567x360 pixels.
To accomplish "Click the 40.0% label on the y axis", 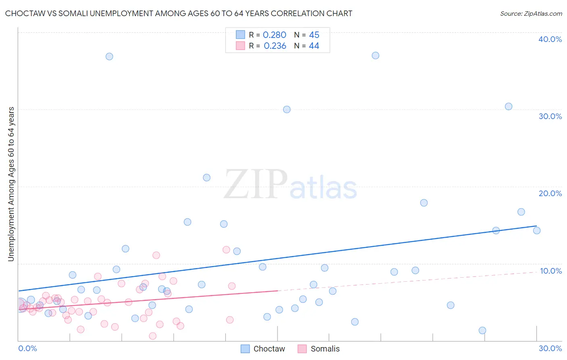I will click(550, 39).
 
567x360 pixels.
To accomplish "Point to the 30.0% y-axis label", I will click(550, 116).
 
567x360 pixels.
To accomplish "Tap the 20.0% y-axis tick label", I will click(550, 193).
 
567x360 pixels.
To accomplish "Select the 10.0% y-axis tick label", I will click(551, 271).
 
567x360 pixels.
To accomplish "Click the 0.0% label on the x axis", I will click(27, 348).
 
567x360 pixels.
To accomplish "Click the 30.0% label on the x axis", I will click(550, 348).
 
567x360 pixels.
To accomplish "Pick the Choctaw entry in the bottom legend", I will click(269, 349).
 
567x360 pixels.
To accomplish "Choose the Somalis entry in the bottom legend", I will click(325, 349).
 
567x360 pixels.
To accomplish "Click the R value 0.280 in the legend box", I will click(275, 35).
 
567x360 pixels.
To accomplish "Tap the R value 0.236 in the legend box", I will click(275, 46).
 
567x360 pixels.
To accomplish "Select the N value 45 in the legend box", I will click(314, 35).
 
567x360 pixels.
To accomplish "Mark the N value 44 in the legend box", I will click(314, 46).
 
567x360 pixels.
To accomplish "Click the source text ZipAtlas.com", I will click(531, 14).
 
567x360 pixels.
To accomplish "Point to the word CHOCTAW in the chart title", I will click(24, 14).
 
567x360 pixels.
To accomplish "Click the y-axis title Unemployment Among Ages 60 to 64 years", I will click(11, 184).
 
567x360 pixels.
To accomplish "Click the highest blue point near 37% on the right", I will click(375, 56).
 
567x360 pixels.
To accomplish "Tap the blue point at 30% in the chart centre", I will click(287, 109).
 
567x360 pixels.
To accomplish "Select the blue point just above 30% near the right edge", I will click(509, 107).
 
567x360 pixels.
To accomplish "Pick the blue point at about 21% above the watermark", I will click(206, 178).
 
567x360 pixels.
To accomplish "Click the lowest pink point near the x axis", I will click(152, 336).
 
